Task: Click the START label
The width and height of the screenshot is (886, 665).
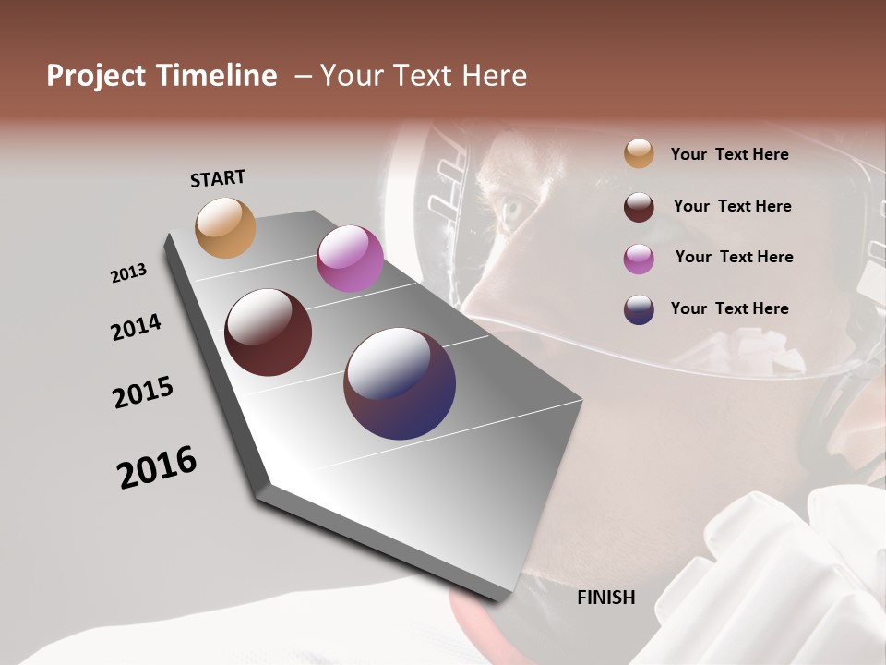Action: coord(218,178)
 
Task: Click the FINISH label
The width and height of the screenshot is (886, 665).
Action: coord(605,598)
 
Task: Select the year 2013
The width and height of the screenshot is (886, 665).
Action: coord(128,273)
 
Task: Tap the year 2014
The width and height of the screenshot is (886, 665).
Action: coord(136,328)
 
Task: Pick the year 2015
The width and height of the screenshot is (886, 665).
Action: coord(143,393)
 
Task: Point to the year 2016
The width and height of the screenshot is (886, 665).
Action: coord(157,467)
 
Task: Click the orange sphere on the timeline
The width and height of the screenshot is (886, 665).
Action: coord(225,227)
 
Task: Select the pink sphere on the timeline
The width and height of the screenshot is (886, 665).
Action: coord(350,259)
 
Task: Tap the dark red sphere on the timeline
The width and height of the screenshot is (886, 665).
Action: coord(269,332)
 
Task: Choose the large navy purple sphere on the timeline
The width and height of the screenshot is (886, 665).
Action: coord(400,383)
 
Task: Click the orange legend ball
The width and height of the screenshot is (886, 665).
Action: coord(639,153)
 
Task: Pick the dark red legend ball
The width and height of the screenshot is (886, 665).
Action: coord(639,206)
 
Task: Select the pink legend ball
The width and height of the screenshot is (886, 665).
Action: coord(639,258)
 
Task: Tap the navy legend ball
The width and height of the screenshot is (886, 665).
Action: coord(639,308)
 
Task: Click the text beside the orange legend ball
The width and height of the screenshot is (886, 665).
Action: coord(729,154)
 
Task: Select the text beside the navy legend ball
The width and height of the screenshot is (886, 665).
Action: coord(729,308)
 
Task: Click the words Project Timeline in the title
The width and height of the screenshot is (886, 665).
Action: coord(162,76)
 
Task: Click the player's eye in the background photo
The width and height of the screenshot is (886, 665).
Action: coord(513,211)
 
